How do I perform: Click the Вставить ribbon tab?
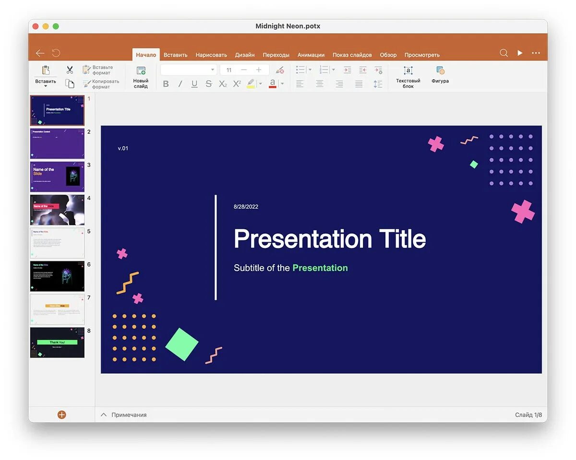pos(175,55)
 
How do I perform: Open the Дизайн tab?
pos(245,55)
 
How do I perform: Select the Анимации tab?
pos(311,55)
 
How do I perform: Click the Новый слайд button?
pos(141,77)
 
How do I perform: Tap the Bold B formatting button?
pos(166,84)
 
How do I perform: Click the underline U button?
pos(194,84)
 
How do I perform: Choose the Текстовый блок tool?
pos(408,77)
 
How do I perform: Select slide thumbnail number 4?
pos(57,210)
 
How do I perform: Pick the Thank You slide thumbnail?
pos(57,342)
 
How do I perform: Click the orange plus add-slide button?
pos(61,414)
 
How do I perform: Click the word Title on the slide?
pos(402,238)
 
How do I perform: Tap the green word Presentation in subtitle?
pos(320,268)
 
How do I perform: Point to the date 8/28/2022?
pos(246,207)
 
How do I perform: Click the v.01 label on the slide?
pos(123,148)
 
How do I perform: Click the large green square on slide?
pos(182,344)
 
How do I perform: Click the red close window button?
pos(36,26)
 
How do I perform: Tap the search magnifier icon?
pos(504,53)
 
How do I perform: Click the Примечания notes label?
pos(129,415)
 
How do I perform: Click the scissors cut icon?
pos(70,70)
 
